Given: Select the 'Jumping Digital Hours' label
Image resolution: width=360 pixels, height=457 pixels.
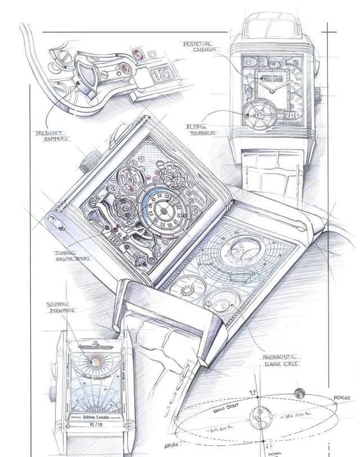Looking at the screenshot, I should click(71, 256).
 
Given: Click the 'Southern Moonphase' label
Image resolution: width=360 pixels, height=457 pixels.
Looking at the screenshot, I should click(62, 307).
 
